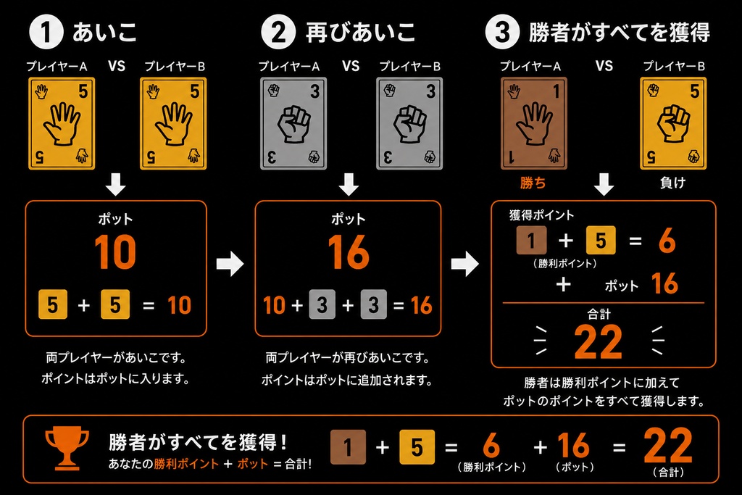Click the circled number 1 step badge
[46, 32]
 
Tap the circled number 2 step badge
[278, 32]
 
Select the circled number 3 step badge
[503, 32]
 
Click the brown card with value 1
[534, 123]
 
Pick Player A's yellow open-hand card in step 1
[62, 123]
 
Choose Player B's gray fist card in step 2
[409, 123]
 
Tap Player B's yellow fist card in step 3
[673, 123]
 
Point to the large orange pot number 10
[115, 252]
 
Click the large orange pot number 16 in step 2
[349, 252]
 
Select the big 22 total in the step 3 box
[598, 341]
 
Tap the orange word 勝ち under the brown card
[533, 183]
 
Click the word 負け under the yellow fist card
[672, 183]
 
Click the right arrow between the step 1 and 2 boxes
[230, 264]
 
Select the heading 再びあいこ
[361, 32]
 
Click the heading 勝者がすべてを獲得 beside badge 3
[619, 32]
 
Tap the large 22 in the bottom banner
[667, 446]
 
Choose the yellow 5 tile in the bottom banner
[417, 447]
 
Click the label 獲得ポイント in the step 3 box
[541, 215]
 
